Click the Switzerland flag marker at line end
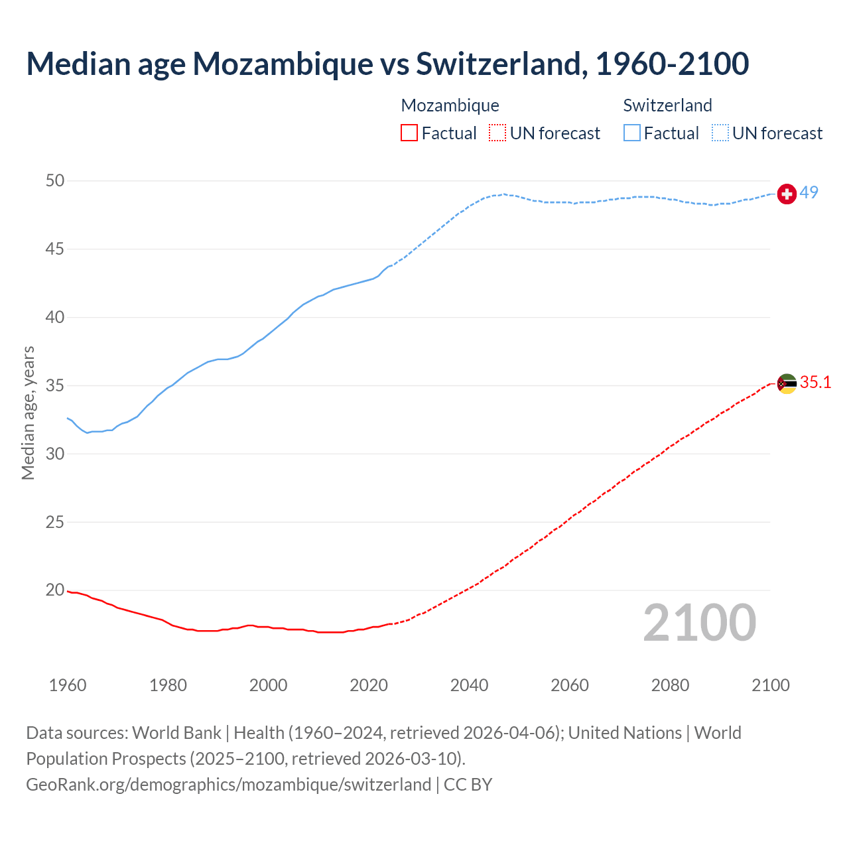787,194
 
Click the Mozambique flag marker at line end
787,383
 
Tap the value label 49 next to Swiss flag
809,192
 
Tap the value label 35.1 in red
815,382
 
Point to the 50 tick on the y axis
56,180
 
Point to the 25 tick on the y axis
56,522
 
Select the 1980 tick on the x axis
168,685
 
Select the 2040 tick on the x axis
469,685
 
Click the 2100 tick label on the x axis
770,685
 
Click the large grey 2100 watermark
699,622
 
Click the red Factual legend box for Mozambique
409,133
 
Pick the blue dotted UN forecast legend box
720,133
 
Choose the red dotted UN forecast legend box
497,133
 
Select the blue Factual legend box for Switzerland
632,133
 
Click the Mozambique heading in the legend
450,105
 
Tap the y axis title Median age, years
28,413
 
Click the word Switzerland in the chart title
501,64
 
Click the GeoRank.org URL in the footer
229,785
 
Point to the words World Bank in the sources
176,733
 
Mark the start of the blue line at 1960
68,418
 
